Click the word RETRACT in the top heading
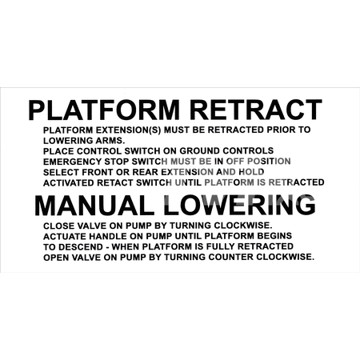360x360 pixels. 256,110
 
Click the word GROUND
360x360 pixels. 200,150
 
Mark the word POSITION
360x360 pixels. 269,162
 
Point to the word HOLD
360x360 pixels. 251,172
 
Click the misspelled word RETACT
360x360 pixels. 115,182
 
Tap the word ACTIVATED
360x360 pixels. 69,182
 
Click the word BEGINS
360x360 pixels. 274,236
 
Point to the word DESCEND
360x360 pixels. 81,247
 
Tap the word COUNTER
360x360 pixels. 231,257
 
